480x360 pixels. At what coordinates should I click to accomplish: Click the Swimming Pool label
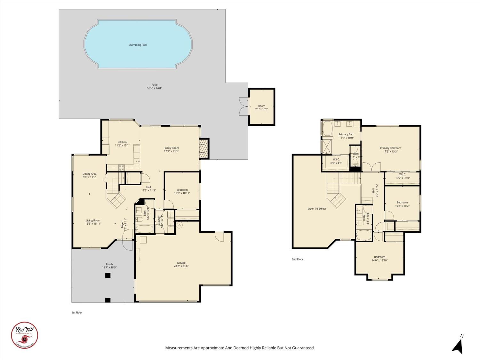click(138, 45)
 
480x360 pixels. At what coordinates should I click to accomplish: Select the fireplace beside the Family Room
click(204, 148)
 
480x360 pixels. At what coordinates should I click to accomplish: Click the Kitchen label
click(122, 142)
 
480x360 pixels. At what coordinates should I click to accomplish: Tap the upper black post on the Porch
click(108, 275)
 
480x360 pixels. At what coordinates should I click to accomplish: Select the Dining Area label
click(89, 174)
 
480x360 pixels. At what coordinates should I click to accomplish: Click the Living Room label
click(93, 220)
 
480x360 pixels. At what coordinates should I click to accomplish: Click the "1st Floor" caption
click(77, 313)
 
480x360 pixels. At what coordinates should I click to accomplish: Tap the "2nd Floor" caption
click(297, 259)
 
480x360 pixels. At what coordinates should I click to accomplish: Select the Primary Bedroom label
click(390, 148)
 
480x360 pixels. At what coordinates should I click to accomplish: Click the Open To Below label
click(317, 209)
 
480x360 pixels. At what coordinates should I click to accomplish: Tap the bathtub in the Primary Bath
click(327, 129)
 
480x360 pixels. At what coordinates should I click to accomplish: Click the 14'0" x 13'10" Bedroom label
click(380, 257)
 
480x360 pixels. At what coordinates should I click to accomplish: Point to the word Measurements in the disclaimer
click(179, 348)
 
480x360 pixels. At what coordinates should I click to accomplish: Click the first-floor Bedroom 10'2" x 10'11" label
click(182, 190)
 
